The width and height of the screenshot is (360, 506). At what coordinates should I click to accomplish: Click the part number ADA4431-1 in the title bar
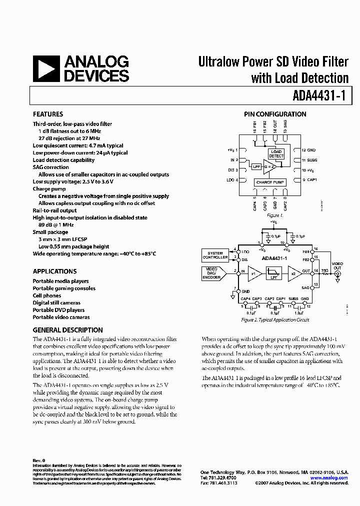pos(318,95)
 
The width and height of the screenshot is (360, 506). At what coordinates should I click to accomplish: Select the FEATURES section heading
pos(48,114)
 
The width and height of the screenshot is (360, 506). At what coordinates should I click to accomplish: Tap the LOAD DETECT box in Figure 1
pos(276,154)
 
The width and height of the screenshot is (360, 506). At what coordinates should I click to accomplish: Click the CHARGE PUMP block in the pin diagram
pos(270,182)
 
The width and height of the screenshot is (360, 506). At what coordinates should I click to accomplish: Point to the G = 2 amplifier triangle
pos(270,167)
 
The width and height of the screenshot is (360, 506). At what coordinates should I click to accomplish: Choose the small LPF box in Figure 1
pos(256,167)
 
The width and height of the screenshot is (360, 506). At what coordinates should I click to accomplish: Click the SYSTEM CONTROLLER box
pos(215,255)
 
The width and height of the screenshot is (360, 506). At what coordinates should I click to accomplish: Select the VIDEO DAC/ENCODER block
pos(212,273)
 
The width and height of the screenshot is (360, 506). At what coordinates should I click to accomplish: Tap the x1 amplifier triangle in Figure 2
pos(254,273)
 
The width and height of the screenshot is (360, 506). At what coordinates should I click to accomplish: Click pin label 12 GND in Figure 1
pos(308,150)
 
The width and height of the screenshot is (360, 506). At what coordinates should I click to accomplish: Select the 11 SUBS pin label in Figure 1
pos(309,160)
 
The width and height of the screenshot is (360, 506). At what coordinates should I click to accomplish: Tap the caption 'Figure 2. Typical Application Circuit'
pos(275,320)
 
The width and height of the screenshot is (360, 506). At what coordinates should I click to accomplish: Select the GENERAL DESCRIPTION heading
pos(68,330)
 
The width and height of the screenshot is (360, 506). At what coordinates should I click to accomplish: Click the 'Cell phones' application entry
pos(47,295)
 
